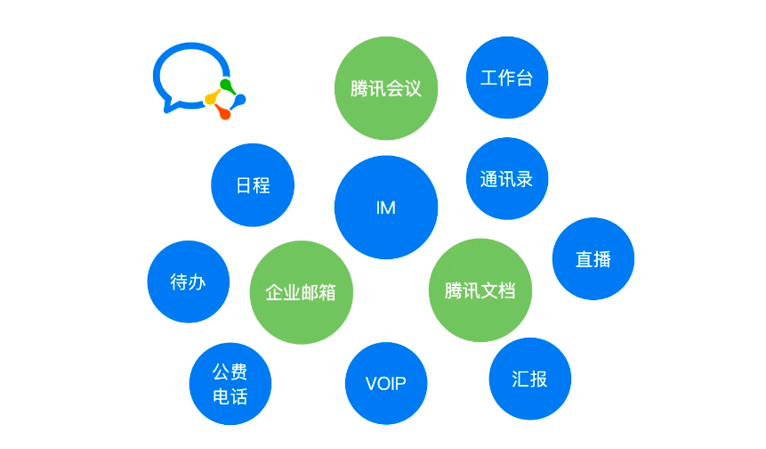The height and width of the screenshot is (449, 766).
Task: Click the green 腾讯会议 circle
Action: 386,88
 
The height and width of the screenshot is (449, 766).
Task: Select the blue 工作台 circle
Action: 507,78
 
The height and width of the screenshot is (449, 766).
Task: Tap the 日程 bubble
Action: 253,185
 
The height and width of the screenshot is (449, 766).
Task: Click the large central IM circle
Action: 386,208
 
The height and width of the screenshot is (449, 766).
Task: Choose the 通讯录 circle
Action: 507,178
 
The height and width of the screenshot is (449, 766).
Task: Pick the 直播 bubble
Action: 593,258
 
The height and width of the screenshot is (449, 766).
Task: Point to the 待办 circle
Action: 188,282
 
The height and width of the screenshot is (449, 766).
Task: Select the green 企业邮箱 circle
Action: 302,292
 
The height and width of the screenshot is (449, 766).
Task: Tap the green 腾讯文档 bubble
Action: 480,290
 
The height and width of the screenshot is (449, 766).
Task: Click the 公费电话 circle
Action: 230,384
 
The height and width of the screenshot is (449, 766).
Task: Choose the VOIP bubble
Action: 386,383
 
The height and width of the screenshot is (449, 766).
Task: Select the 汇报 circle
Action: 530,379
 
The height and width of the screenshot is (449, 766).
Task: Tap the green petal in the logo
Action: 227,86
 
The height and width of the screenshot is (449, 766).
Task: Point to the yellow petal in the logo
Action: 212,97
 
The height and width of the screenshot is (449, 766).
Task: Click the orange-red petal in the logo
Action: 223,112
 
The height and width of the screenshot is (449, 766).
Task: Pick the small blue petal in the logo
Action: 238,101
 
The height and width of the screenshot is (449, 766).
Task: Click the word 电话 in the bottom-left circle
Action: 230,396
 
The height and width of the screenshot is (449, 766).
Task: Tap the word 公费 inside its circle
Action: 230,371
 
